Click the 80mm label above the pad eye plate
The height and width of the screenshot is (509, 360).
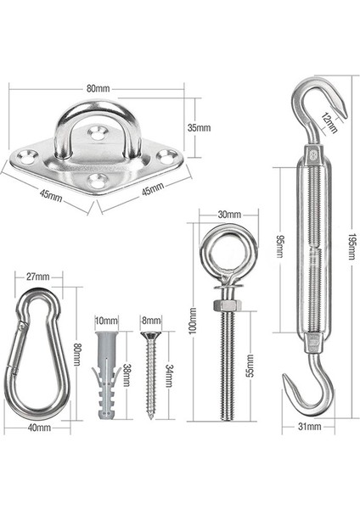98,88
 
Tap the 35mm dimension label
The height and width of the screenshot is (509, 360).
199,127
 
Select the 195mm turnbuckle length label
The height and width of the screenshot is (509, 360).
352,246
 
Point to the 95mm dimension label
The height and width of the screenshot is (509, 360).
279,247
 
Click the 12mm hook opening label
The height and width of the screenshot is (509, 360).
329,123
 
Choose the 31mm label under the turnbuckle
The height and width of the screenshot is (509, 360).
309,426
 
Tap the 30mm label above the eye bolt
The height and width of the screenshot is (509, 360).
229,215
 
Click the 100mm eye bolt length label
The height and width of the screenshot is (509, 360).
193,321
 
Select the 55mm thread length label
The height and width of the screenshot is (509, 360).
250,366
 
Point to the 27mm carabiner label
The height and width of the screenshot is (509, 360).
38,277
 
